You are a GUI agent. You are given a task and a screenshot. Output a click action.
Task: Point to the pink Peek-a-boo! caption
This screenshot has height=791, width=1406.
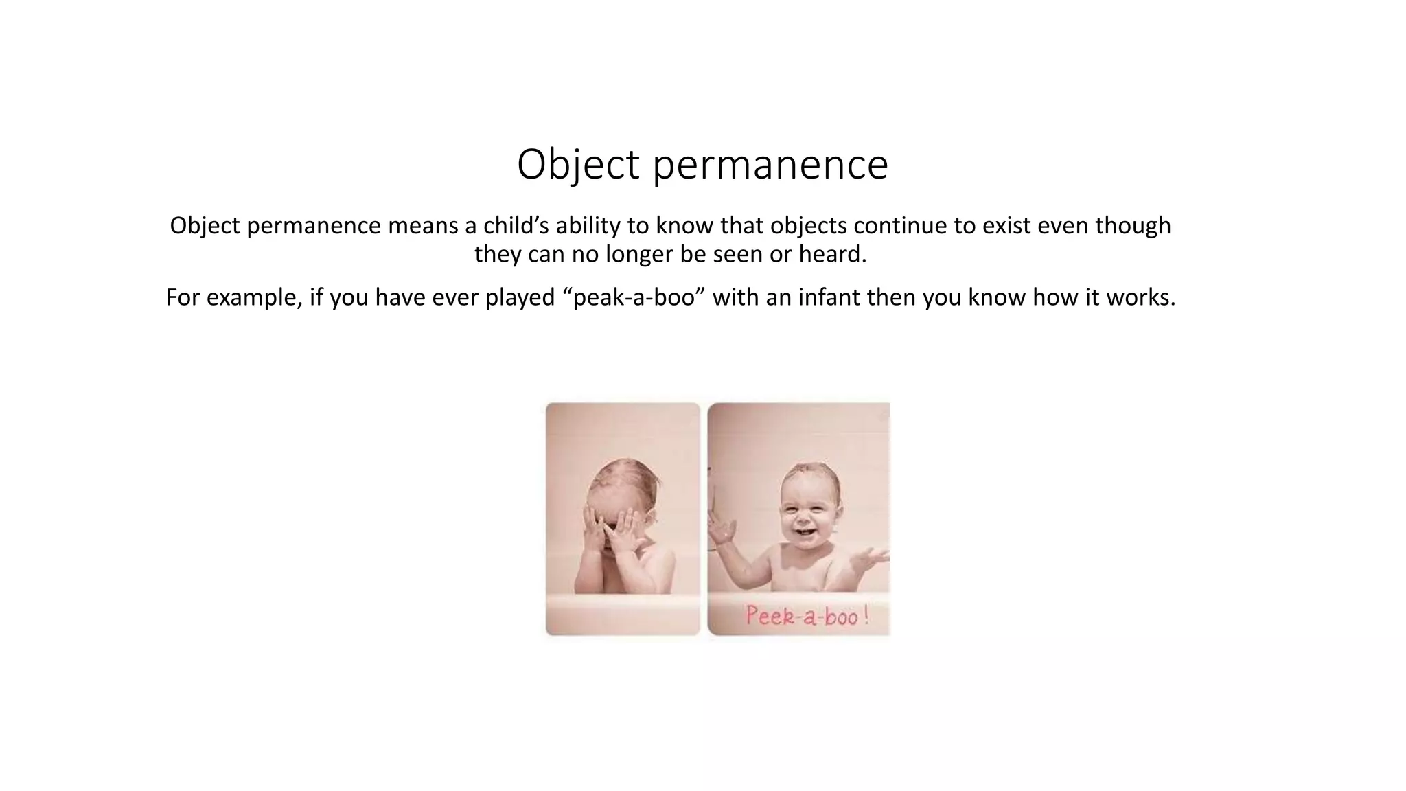pos(807,615)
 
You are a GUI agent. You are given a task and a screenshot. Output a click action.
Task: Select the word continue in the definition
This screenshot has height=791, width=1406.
pos(894,225)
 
